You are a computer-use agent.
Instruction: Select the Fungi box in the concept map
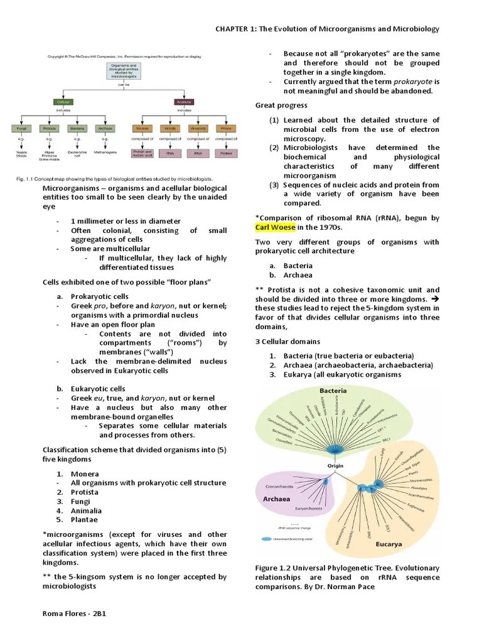click(x=21, y=128)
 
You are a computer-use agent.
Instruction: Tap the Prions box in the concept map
click(x=226, y=128)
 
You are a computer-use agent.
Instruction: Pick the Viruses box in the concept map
click(x=142, y=128)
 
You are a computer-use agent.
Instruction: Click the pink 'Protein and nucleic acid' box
click(x=142, y=153)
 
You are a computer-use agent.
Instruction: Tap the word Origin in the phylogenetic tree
click(x=336, y=466)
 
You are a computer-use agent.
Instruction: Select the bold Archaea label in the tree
click(x=272, y=499)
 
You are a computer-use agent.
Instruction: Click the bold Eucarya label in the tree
click(x=388, y=544)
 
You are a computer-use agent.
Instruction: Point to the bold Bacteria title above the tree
click(x=333, y=390)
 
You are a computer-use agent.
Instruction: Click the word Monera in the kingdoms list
click(x=85, y=473)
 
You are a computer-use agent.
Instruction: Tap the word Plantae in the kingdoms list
click(x=84, y=519)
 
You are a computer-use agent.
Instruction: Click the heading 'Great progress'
click(x=281, y=105)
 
